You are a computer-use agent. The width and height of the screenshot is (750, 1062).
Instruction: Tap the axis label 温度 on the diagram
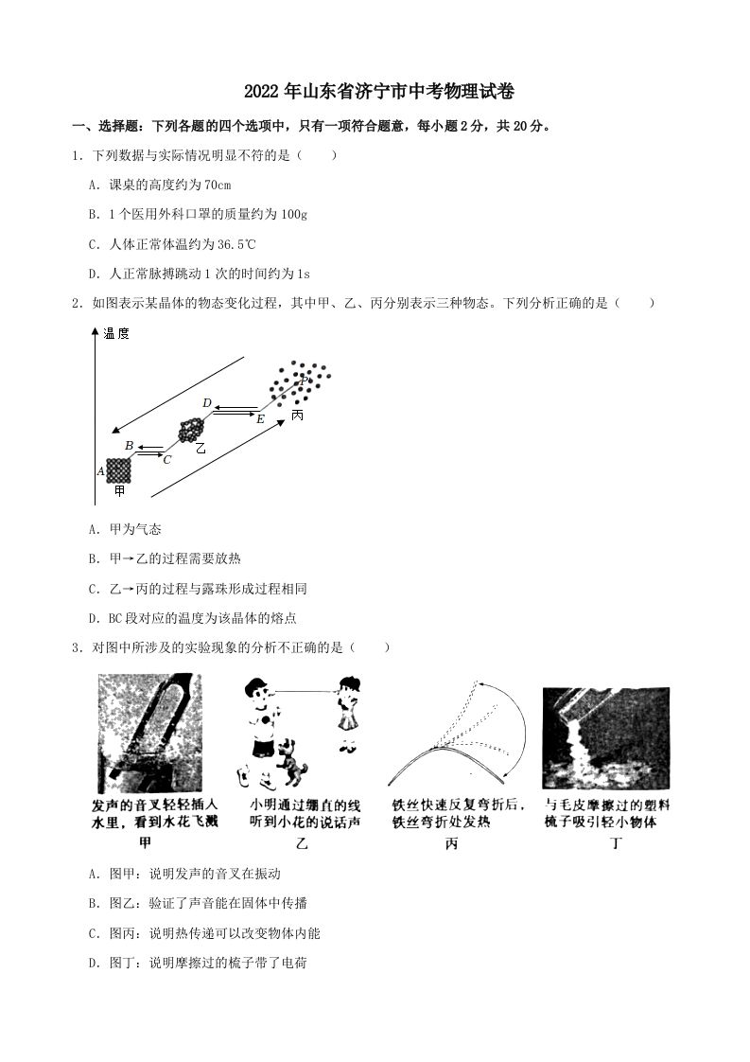[x=116, y=333]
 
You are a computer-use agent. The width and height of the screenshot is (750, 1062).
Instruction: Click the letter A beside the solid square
[x=100, y=470]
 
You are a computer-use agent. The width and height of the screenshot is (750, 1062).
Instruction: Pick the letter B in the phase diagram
[x=129, y=445]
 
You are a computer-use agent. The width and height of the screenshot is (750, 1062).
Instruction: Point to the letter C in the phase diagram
[x=166, y=460]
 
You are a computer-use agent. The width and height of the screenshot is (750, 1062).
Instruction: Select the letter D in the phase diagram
[x=206, y=403]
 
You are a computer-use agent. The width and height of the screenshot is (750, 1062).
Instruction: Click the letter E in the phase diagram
[x=260, y=417]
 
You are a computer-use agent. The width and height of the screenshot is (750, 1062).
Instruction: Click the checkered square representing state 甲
[x=118, y=469]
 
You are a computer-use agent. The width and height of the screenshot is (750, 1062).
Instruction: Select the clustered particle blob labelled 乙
[x=191, y=431]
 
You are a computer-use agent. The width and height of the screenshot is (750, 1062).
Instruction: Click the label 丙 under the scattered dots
[x=298, y=416]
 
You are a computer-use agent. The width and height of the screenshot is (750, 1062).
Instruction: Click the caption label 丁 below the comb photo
[x=616, y=842]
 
